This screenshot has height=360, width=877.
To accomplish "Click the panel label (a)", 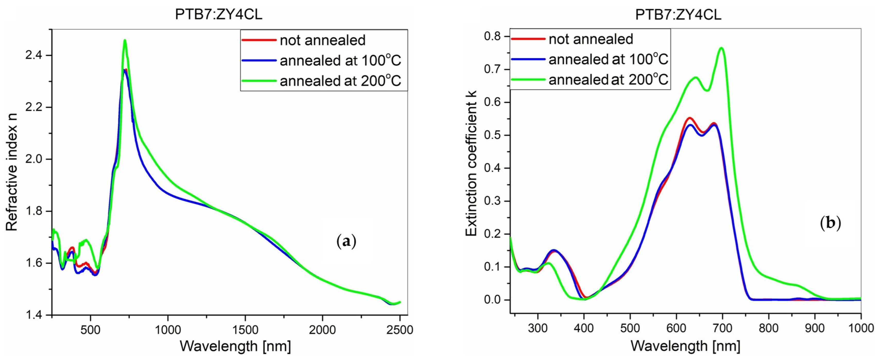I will [x=346, y=242].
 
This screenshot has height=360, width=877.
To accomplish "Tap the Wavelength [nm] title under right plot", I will [x=685, y=346].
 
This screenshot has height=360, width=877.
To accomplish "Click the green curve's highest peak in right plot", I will [x=721, y=48].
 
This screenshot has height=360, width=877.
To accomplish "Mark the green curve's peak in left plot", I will [x=125, y=40].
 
